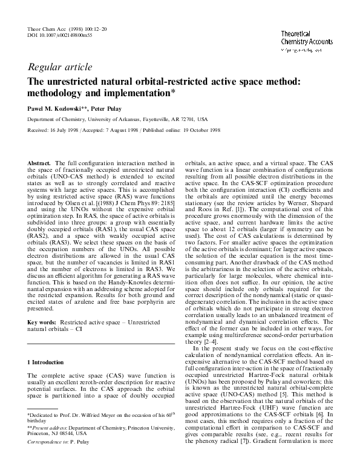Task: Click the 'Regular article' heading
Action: (x=60, y=67)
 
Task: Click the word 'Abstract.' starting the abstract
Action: (x=41, y=163)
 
